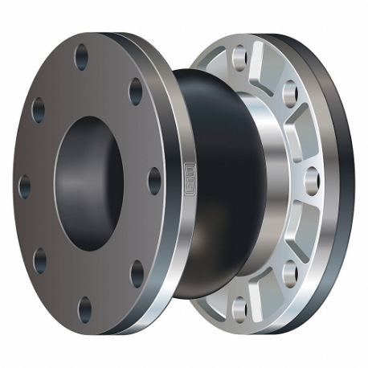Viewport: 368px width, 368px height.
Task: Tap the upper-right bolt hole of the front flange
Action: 136,90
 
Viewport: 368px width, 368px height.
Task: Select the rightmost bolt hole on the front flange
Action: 154,181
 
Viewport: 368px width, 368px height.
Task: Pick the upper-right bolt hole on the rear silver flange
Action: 290,93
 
